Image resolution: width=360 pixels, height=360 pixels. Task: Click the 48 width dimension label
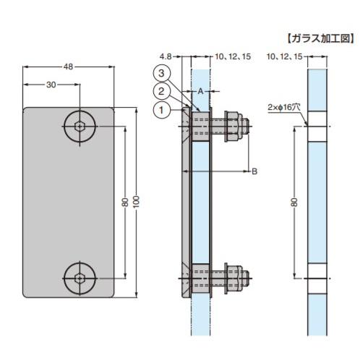(x=69, y=67)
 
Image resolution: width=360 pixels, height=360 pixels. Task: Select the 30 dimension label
(x=51, y=85)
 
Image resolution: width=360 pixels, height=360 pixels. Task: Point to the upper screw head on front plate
(x=78, y=127)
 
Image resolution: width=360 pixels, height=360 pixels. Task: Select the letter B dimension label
(x=254, y=171)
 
